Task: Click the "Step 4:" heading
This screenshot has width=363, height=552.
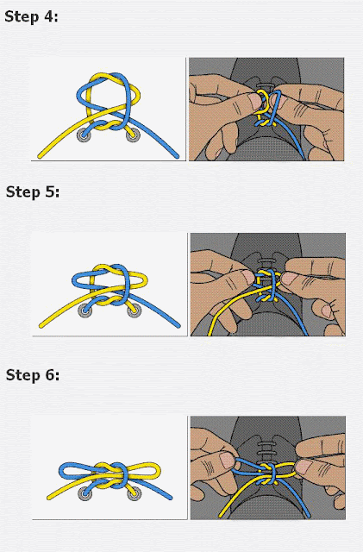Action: [x=31, y=17]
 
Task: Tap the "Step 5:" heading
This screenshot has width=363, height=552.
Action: [x=33, y=192]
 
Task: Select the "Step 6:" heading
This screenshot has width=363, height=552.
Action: [x=33, y=375]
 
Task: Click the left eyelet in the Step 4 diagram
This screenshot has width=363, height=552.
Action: [x=84, y=135]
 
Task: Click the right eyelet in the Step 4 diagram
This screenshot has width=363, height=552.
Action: [x=133, y=135]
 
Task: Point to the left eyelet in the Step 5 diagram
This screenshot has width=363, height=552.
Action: [x=84, y=310]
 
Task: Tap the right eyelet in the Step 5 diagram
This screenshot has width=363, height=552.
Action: [x=135, y=310]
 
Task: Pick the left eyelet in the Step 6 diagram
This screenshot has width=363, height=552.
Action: [x=84, y=493]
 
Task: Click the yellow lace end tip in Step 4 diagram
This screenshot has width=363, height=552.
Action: [x=40, y=156]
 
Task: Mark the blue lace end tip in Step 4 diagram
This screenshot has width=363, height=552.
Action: [x=177, y=156]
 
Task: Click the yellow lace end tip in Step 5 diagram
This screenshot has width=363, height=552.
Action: [x=41, y=326]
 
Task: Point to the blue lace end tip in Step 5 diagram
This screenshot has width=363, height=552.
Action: [x=178, y=326]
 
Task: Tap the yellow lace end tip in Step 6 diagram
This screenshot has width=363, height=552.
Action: [x=48, y=498]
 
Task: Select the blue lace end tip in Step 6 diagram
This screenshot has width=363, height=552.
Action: [x=171, y=498]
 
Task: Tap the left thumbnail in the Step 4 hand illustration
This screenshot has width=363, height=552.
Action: [x=254, y=101]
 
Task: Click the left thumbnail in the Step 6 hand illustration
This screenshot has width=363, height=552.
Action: [x=227, y=460]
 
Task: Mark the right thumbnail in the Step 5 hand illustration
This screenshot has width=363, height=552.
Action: [x=291, y=278]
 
